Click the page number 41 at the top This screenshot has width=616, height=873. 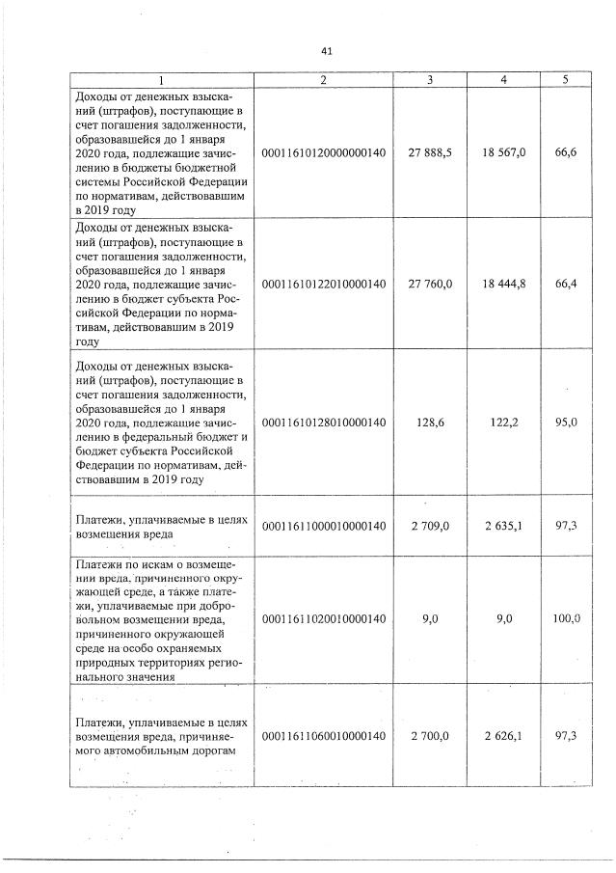click(325, 51)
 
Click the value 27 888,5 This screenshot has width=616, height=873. click(430, 152)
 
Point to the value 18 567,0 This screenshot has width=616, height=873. click(503, 152)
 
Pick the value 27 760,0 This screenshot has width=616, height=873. click(430, 284)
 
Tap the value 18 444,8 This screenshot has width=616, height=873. click(503, 284)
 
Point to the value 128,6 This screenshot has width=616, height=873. click(430, 423)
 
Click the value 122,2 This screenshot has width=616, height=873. click(503, 423)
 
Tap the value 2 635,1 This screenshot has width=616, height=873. click(503, 526)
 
